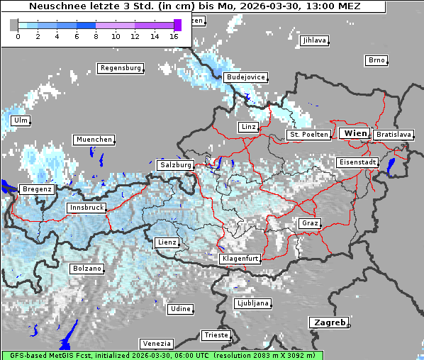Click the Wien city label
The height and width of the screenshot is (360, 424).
coord(355,133)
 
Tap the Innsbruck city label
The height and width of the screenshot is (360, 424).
coord(87,208)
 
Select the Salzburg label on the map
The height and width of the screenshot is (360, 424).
coord(175,164)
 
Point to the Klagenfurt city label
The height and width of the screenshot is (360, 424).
coord(240,259)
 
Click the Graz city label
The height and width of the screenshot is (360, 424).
coord(309,223)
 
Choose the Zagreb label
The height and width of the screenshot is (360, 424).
coord(329,322)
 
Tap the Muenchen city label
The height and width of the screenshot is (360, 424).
coord(94,140)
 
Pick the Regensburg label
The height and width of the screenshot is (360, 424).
coord(120,68)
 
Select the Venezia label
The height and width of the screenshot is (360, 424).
coord(156,343)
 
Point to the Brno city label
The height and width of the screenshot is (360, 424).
coord(376,60)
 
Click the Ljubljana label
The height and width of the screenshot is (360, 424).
coord(253,303)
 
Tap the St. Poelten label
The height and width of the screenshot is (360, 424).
coord(308,135)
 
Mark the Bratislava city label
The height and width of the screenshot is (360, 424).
coord(394,134)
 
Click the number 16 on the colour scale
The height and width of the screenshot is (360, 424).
coord(174,36)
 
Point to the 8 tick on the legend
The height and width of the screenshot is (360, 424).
coord(96,36)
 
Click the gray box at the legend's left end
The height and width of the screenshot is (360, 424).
coord(14,25)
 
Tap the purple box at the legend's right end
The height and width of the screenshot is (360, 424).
coord(177,25)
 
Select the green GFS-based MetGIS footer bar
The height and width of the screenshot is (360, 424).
coord(162,355)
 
